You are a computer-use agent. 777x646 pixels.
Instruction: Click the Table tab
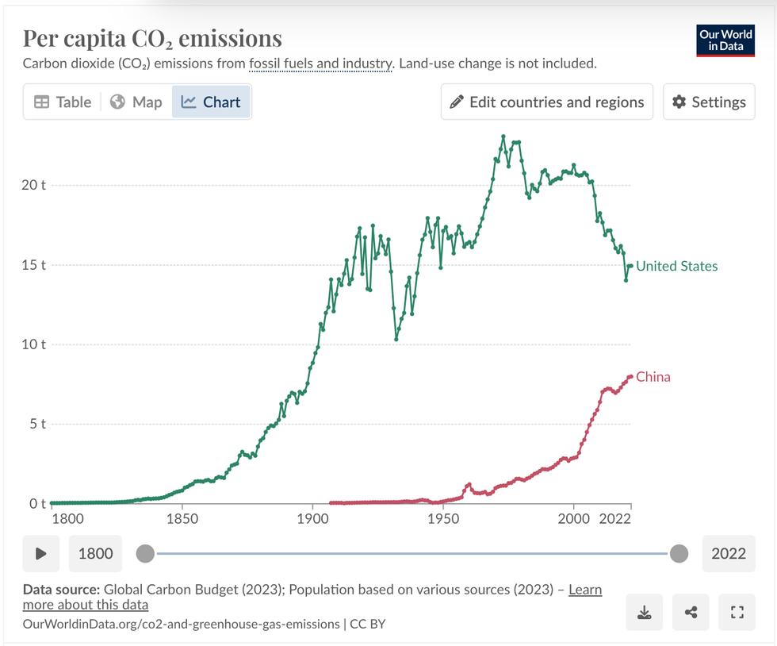coord(63,102)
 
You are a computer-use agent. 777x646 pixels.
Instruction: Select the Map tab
coord(136,102)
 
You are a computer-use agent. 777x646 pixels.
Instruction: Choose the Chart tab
coord(211,102)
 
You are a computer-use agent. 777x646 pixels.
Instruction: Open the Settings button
coord(709,102)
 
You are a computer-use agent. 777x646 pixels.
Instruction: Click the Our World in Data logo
coord(725,42)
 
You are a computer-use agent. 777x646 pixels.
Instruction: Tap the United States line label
coord(676,267)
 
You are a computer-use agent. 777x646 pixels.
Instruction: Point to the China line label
coord(653,377)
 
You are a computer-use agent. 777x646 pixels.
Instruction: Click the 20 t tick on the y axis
coord(34,185)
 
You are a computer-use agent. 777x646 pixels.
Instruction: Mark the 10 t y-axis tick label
coord(34,344)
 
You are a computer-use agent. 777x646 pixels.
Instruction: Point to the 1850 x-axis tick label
coord(182,519)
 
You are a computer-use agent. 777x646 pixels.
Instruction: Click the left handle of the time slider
coord(145,553)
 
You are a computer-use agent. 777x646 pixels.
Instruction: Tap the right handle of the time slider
coord(679,553)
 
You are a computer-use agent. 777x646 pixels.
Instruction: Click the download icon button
coord(645,612)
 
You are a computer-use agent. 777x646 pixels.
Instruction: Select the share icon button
coord(691,612)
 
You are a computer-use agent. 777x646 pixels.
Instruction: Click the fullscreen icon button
coord(737,612)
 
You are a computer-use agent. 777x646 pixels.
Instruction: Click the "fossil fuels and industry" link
coord(321,63)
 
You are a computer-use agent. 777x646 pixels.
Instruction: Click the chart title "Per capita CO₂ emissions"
coord(152,38)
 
